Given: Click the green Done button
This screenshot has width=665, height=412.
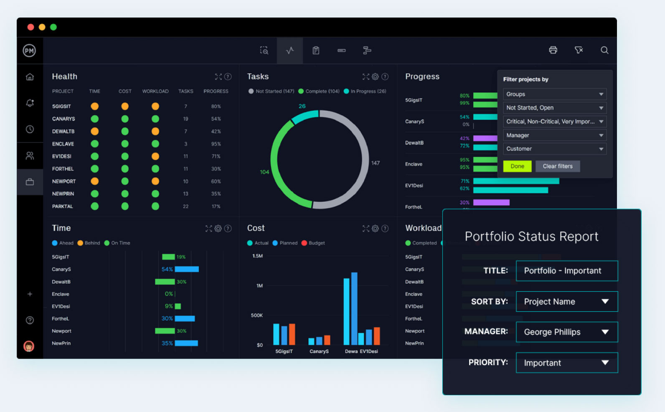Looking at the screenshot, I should coord(517,166).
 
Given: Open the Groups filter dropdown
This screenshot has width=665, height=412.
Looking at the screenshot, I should coord(554,94).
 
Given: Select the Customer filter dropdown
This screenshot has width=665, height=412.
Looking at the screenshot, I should coord(554,149).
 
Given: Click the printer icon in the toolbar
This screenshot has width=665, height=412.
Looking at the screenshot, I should coord(553,50).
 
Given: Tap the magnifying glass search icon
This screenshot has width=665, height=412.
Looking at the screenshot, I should coord(604,50).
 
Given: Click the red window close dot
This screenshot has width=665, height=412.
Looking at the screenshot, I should coord(30,27).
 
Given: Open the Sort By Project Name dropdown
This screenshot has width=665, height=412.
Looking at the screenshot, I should coord(566,302).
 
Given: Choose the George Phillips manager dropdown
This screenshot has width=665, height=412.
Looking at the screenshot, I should coord(566,332).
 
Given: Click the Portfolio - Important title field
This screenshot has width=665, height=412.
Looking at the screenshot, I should coord(566,271).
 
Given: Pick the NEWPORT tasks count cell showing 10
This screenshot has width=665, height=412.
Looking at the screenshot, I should coord(185,181).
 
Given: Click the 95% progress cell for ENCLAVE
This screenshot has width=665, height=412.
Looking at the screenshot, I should coord(216,144).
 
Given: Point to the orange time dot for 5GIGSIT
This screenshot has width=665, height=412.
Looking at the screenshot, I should coord(95,106).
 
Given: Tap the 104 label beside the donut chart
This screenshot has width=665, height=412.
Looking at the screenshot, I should coord(264,172).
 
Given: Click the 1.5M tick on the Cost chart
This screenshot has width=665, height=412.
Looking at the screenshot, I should coord(257,256).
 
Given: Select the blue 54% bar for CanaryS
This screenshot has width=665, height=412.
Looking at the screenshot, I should coord(187,269).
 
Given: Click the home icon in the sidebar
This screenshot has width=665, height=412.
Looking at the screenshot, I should coord(30,77).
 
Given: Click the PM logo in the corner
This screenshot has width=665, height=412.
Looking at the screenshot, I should coord(29,51).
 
